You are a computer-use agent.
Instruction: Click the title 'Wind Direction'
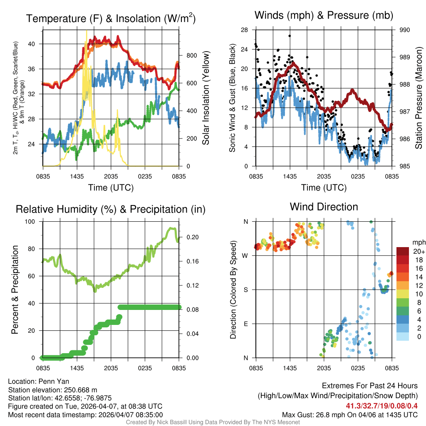point(324,207)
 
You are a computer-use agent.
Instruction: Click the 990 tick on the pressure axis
point(405,30)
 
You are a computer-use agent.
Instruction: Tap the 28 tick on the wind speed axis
point(244,30)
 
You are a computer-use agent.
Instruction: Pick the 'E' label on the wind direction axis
point(245,324)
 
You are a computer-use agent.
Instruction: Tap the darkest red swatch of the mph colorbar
point(403,251)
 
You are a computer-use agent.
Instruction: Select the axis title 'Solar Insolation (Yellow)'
point(206,98)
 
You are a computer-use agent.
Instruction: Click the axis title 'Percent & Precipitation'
point(15,290)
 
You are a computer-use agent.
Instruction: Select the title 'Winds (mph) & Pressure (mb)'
point(324,15)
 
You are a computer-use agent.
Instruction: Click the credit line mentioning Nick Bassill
point(213,422)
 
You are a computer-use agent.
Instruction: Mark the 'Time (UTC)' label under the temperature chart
point(111,188)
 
